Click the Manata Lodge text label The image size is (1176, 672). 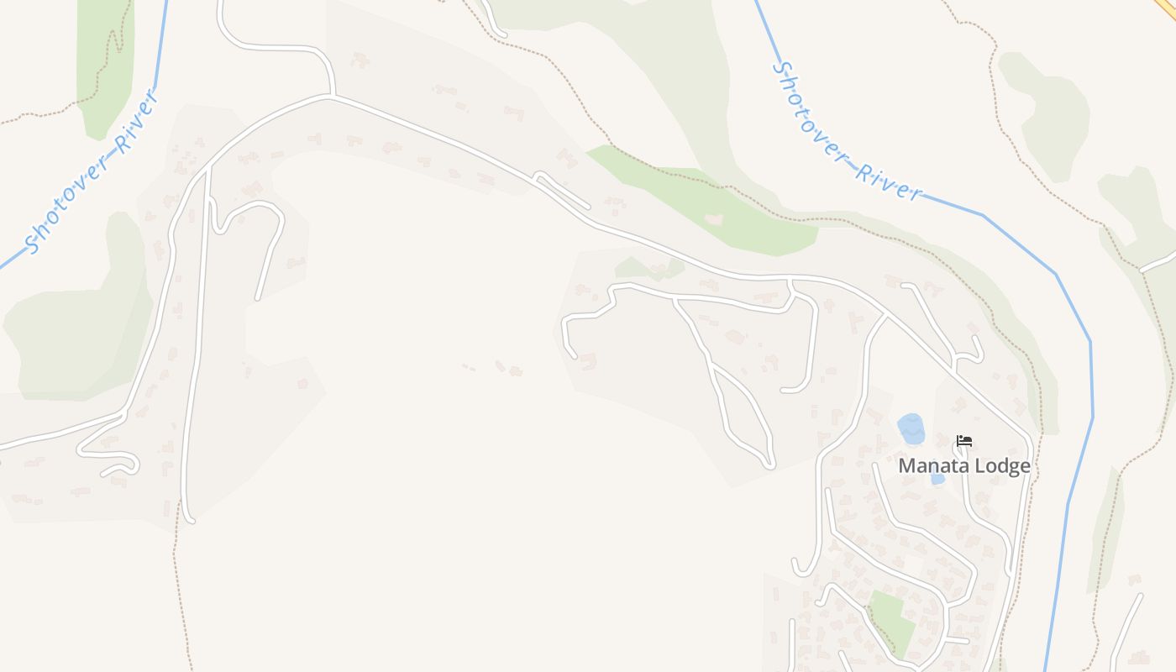pyautogui.click(x=964, y=465)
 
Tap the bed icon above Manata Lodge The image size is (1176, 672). pyautogui.click(x=964, y=440)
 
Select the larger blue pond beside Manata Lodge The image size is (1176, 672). pyautogui.click(x=911, y=428)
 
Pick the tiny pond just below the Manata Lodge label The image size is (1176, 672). pyautogui.click(x=937, y=479)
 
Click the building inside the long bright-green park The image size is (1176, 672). pyautogui.click(x=714, y=219)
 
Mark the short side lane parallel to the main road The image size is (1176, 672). pyautogui.click(x=563, y=191)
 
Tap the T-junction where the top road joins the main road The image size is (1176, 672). pyautogui.click(x=333, y=97)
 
